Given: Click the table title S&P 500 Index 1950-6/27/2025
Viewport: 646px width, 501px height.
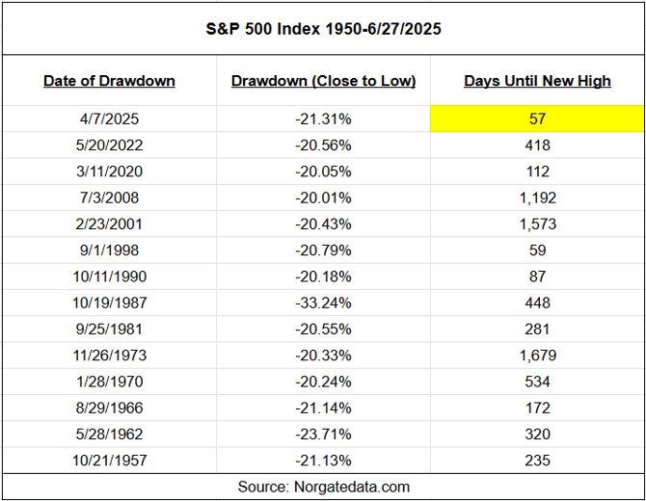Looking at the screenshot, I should coord(323,29).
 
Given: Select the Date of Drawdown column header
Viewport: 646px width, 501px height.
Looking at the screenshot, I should coord(109,81).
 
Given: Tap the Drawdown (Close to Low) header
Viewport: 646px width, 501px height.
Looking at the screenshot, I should coord(323,81).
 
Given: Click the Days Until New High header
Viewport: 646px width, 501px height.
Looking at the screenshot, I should coord(537,81).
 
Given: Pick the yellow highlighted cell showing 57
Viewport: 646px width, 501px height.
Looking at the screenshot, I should coord(537,119).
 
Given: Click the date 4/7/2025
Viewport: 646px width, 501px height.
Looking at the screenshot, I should coord(109,119).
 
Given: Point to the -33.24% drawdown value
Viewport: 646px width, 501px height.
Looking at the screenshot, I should coord(323,303).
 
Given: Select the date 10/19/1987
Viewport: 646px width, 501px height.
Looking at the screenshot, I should coord(109,303).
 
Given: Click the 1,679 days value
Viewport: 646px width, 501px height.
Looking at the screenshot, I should coord(537,356).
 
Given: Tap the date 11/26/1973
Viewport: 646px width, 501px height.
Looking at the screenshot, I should coord(109,356).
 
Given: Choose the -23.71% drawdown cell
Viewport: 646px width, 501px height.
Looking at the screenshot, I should coord(323,434).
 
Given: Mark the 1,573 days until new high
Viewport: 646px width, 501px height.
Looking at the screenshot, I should coord(537,224).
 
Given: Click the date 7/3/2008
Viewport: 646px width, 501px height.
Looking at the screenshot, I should coord(109,198).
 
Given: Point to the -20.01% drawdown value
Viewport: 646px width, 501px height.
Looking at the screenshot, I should coord(323,198).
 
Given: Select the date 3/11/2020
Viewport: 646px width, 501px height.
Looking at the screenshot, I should coord(109,171).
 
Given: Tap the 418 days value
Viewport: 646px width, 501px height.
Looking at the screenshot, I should coord(537,145).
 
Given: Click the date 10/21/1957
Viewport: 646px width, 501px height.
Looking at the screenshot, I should coord(109,460).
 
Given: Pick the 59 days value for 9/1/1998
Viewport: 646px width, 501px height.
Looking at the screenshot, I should coord(537,250).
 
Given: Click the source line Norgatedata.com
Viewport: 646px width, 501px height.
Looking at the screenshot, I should coord(323,487).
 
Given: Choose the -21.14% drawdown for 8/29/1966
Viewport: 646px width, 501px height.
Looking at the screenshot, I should coord(323,408).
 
